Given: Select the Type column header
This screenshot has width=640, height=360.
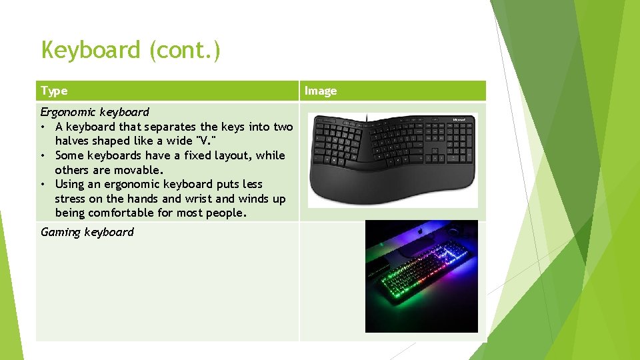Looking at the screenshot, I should [54, 91].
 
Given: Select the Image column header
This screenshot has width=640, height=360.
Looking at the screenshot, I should [321, 91].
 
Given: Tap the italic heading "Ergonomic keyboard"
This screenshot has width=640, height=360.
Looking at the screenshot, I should [95, 112].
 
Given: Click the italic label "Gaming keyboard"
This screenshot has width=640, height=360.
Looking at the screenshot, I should [87, 232].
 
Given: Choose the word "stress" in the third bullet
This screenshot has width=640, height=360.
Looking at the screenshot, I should [73, 199].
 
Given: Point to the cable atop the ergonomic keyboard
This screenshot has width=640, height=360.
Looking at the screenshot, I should [366, 117].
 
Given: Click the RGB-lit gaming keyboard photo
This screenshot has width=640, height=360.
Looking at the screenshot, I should [421, 276].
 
